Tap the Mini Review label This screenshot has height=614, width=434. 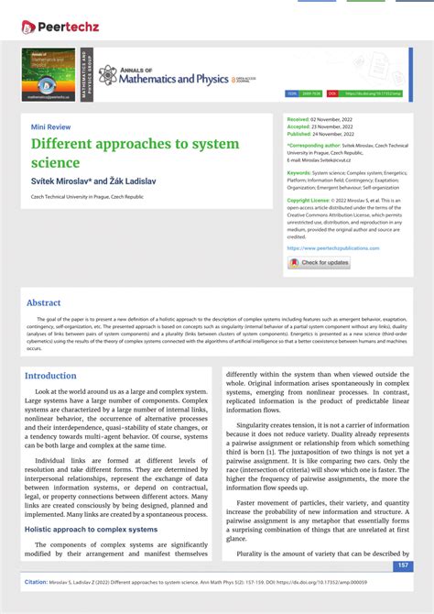(x=50, y=126)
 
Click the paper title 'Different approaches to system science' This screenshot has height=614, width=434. (x=135, y=152)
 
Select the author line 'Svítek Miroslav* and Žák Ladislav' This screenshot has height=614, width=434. (x=93, y=181)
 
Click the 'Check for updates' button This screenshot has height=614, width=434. (x=320, y=263)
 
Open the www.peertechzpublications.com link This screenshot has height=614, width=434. (x=332, y=247)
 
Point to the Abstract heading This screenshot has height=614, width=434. (x=44, y=302)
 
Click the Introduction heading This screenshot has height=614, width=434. (x=50, y=376)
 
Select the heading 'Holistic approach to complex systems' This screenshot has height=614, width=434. (x=91, y=529)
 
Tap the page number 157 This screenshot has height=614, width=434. (x=401, y=566)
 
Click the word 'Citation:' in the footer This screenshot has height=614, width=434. (x=36, y=582)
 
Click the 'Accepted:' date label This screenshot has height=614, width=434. (x=299, y=126)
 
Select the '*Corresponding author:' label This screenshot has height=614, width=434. (x=314, y=145)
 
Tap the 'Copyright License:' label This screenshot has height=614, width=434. (x=309, y=199)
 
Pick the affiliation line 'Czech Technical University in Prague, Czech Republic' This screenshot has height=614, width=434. (x=87, y=196)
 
